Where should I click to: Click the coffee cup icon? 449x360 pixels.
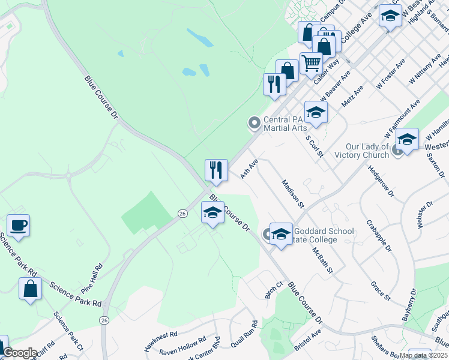tap(18, 226)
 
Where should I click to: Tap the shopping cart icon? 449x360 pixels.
tap(311, 62)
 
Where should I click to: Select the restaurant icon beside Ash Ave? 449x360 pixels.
tap(215, 170)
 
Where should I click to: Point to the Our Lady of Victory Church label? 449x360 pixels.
tap(368, 151)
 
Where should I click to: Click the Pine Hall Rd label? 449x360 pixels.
tap(91, 277)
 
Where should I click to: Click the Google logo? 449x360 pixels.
tap(20, 353)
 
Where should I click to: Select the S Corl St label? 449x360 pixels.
tap(315, 145)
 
